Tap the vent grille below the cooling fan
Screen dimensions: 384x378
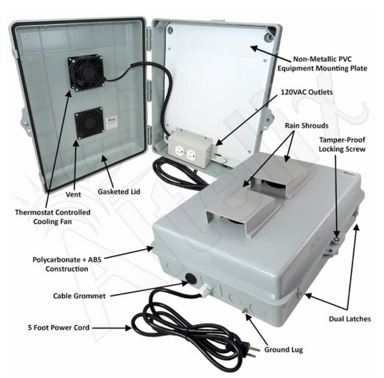coord(89,123)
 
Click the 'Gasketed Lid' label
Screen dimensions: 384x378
coord(119,192)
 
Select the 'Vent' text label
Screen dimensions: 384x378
coord(73,194)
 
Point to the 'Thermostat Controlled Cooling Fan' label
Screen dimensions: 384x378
coord(53,217)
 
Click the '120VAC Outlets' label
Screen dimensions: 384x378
coord(307,92)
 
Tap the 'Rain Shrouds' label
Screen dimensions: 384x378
coord(307,126)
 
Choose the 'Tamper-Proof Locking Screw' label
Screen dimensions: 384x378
coord(342,145)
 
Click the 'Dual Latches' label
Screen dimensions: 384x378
coord(350,319)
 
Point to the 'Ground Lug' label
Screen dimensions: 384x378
coord(283,350)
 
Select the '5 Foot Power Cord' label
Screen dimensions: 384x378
coord(58,328)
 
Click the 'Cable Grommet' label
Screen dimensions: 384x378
coord(79,296)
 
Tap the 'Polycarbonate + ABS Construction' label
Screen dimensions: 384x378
coord(67,264)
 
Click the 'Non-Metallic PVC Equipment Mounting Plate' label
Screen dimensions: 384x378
coord(322,63)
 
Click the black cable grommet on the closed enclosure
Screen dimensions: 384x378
coord(191,278)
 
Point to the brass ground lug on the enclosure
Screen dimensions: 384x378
coord(244,311)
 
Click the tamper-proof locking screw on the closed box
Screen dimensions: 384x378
coord(337,240)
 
